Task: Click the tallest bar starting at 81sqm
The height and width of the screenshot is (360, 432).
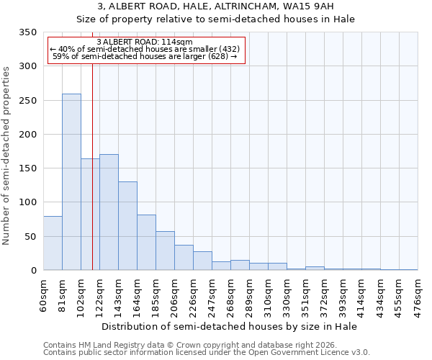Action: (x=71, y=181)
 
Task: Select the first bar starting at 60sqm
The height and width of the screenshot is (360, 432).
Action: (x=53, y=243)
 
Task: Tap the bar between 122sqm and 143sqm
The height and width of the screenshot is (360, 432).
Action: (x=109, y=212)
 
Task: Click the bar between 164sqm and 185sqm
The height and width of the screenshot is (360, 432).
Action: (x=146, y=242)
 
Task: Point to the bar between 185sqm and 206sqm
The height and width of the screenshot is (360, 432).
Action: (x=165, y=251)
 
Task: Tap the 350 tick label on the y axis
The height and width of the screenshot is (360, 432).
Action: (x=27, y=32)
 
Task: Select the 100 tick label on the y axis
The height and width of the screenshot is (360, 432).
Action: (x=27, y=202)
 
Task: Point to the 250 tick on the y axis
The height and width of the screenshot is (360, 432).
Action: (x=27, y=101)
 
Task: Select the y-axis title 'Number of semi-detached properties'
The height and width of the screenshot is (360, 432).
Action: (x=7, y=155)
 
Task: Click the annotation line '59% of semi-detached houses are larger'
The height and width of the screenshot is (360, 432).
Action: (x=145, y=56)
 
